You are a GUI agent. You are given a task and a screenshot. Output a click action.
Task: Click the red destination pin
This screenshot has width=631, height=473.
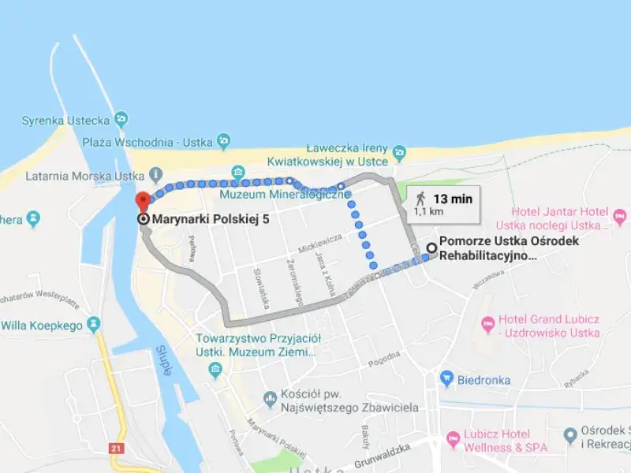[x=142, y=200]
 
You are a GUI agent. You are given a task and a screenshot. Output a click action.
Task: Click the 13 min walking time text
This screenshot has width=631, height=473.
[x=453, y=199]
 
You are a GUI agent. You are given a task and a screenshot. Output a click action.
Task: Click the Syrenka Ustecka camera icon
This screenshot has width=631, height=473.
[x=121, y=119]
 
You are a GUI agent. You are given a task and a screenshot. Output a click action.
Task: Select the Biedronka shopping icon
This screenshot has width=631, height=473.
[x=446, y=379]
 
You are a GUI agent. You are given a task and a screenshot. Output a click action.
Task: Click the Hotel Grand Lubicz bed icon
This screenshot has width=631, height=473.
[x=488, y=322]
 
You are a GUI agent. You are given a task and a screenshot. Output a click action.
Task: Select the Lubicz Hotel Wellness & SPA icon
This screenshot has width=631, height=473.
[x=452, y=438]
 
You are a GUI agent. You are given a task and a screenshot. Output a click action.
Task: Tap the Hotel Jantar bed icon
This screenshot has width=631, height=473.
[x=620, y=213]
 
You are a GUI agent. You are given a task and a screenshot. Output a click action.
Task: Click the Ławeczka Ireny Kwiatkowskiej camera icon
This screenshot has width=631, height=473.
[x=400, y=151]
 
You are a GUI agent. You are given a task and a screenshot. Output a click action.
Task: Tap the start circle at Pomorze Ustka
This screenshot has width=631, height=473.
[x=431, y=248]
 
